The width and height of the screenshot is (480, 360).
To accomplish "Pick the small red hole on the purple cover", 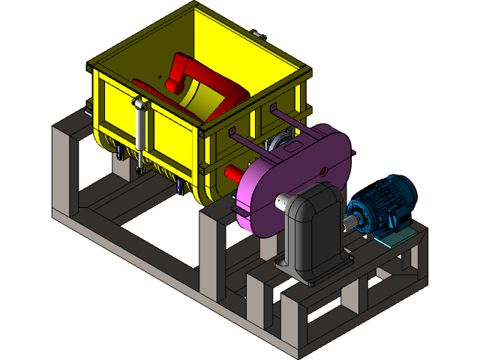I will [323, 172].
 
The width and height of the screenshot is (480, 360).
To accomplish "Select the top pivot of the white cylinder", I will [139, 103].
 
